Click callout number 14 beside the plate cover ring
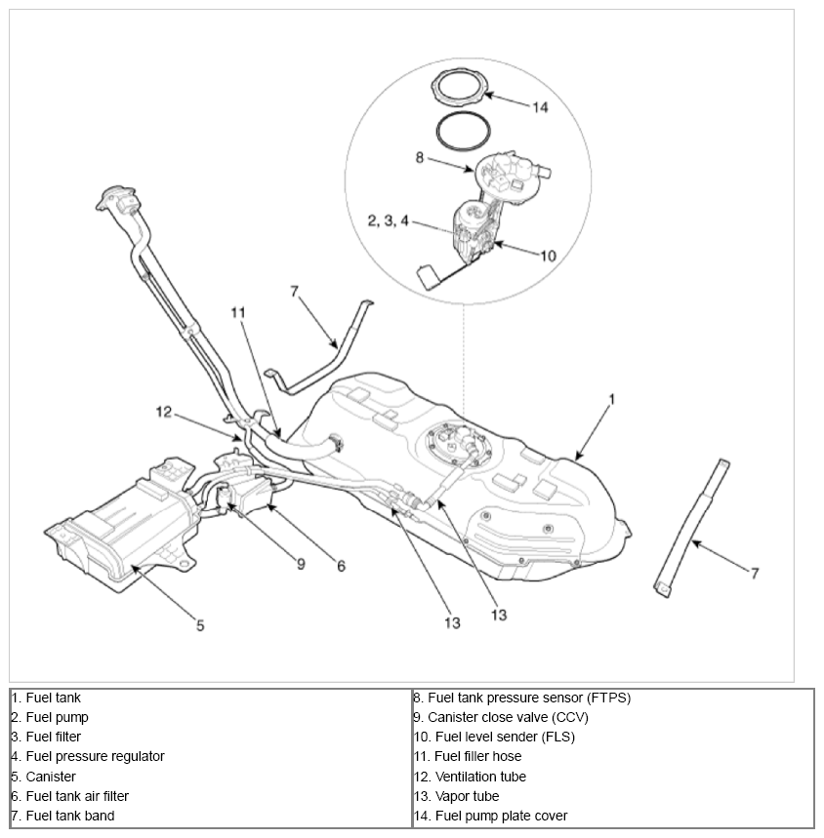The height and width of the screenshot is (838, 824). (x=540, y=106)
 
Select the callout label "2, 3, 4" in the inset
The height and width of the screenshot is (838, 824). (x=387, y=220)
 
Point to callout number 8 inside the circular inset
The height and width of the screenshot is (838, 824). (x=420, y=157)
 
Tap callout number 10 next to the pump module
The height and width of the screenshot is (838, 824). (x=548, y=256)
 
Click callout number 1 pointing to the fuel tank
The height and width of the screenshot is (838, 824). (x=612, y=399)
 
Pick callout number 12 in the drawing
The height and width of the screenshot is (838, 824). (x=163, y=412)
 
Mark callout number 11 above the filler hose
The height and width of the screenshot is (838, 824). (x=239, y=312)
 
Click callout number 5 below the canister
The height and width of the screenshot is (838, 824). (x=200, y=625)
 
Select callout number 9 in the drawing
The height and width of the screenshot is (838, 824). (x=301, y=563)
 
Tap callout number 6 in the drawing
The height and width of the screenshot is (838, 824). (x=341, y=564)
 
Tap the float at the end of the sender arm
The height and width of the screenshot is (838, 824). (x=428, y=277)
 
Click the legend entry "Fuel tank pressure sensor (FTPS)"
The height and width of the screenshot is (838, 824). (x=522, y=698)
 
